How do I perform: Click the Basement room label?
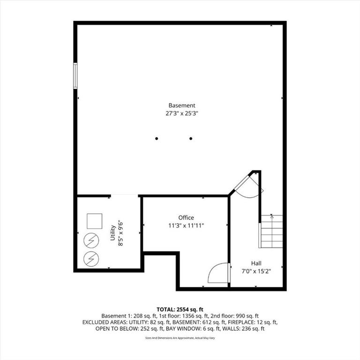[x=181, y=105]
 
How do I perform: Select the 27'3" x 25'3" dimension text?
[x=181, y=113]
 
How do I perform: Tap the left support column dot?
[x=157, y=138]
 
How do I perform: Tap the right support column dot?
[x=191, y=138]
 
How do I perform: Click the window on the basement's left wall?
[x=75, y=75]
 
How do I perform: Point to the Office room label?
[x=186, y=217]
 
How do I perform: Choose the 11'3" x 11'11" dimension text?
[x=186, y=225]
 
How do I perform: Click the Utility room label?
[x=112, y=233]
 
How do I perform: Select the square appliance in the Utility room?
[x=94, y=221]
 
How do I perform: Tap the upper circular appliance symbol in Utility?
[x=91, y=240]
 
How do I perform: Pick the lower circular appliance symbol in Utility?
[x=91, y=259]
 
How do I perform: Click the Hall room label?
[x=256, y=263]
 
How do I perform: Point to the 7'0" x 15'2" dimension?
[x=256, y=271]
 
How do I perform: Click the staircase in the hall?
[x=271, y=232]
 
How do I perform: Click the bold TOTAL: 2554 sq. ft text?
[x=180, y=309]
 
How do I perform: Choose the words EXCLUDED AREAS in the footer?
[x=104, y=322]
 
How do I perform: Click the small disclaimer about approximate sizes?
[x=180, y=338]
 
